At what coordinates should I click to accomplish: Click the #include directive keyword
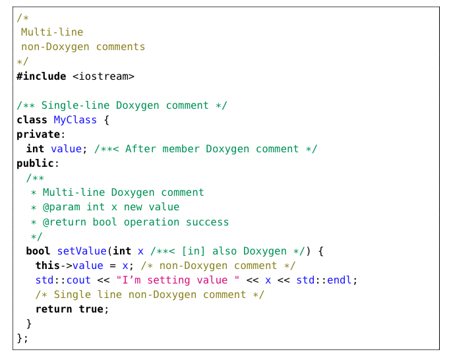coord(41,76)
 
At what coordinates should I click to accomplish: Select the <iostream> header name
coord(104,76)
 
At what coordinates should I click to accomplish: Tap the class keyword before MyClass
coord(32,120)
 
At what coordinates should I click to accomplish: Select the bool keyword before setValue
coord(38,251)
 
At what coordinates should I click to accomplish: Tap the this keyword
coord(47,266)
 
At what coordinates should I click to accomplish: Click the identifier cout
coord(79,280)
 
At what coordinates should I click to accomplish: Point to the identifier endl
coord(341,280)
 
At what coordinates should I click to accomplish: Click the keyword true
coord(91,309)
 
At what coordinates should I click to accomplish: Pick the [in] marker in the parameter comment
coord(194,251)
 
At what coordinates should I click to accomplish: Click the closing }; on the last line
coord(22,338)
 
